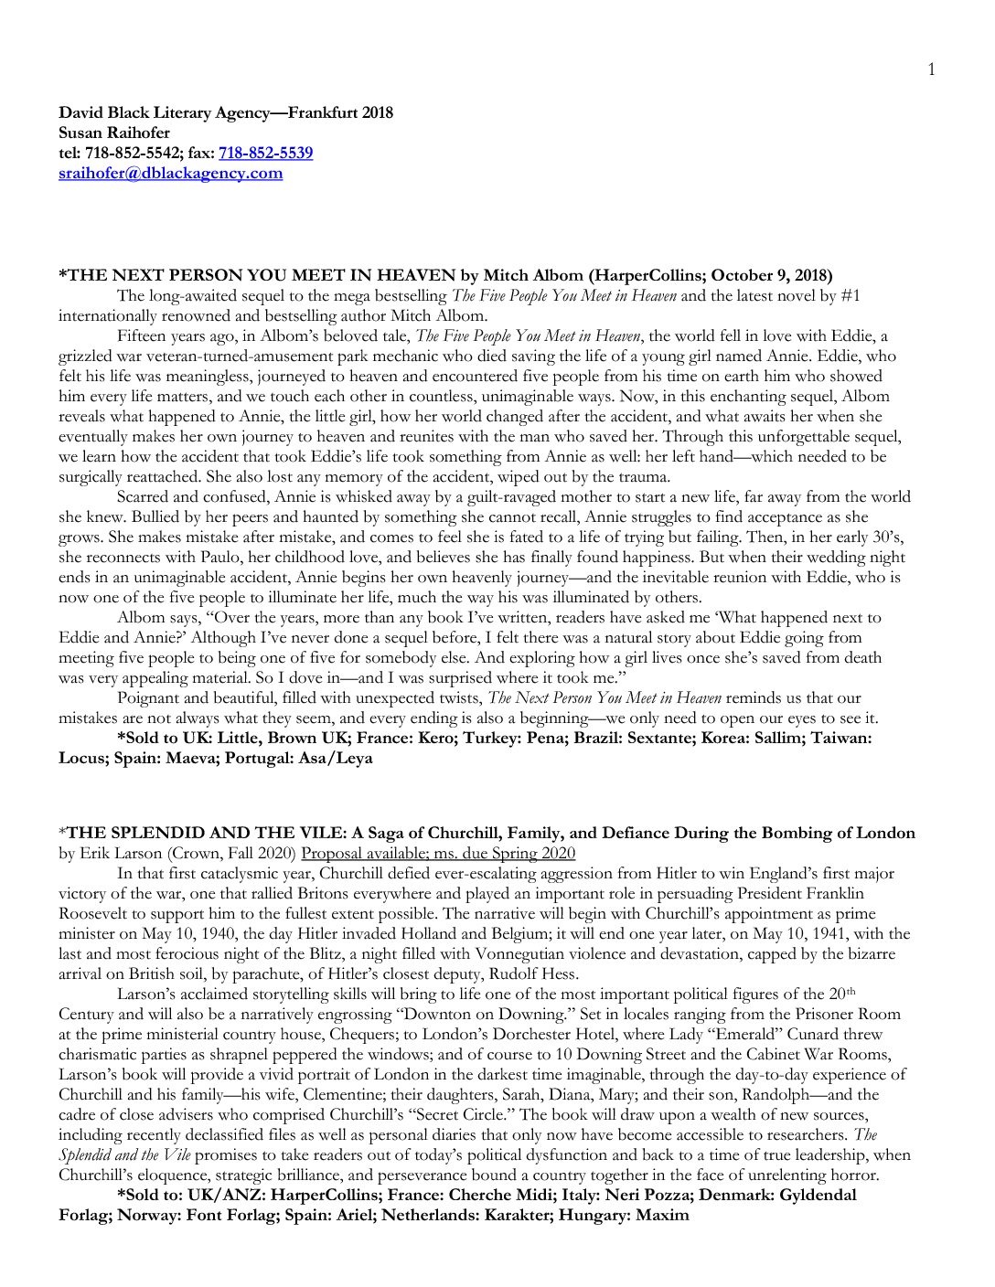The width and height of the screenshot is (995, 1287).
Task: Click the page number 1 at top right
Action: pyautogui.click(x=931, y=69)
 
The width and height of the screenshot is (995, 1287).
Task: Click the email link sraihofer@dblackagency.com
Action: pyautogui.click(x=170, y=173)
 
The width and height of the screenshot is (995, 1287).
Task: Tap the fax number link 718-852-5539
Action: pyautogui.click(x=265, y=153)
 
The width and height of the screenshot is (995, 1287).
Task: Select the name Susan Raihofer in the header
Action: pyautogui.click(x=114, y=133)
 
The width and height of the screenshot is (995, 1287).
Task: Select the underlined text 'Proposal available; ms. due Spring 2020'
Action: pyautogui.click(x=438, y=853)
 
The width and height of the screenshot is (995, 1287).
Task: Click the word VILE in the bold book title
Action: pyautogui.click(x=316, y=833)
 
